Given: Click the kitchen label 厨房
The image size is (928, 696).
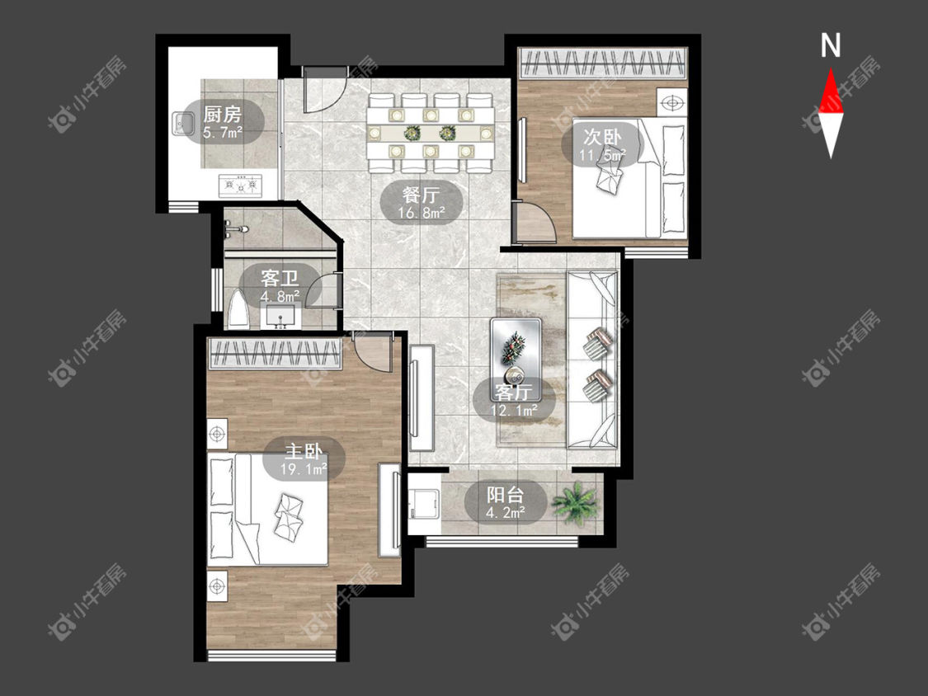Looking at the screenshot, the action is click(x=222, y=114).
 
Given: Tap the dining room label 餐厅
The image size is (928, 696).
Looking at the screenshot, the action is click(x=421, y=194).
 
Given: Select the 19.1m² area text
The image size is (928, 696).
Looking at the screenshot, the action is click(x=304, y=470).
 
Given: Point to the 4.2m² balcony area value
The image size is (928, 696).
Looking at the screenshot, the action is click(x=505, y=513).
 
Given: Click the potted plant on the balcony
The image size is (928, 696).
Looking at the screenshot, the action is click(x=573, y=502).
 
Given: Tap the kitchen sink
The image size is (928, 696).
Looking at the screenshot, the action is click(x=182, y=124).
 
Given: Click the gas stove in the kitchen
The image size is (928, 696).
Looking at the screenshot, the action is click(x=240, y=186).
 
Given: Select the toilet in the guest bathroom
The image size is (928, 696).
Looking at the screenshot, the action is click(x=238, y=309).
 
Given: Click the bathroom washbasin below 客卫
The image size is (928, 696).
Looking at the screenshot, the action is click(x=280, y=316).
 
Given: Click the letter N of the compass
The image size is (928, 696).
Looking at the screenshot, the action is click(x=831, y=45).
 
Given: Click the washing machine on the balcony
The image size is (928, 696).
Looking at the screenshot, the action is click(x=424, y=504).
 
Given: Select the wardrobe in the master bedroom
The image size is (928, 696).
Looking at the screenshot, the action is click(x=276, y=353).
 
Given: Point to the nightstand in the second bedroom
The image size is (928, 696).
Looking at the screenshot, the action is click(x=671, y=102).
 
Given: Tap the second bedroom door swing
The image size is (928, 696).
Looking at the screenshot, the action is click(x=535, y=221).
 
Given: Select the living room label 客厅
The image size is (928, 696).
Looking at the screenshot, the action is click(x=514, y=392).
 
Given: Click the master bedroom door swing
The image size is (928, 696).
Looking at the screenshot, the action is click(x=372, y=351).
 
